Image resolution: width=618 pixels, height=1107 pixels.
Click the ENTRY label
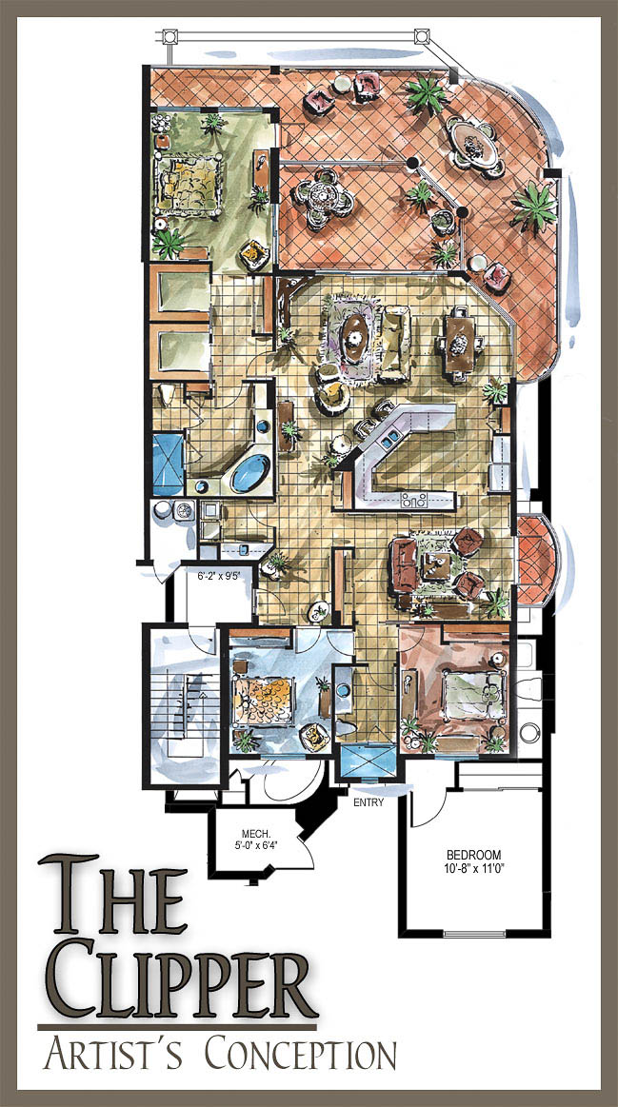point(369,802)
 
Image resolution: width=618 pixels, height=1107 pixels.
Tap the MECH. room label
point(253,832)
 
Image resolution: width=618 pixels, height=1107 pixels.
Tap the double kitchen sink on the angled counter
point(388,442)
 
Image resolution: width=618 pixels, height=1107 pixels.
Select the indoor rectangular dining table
point(460,344)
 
